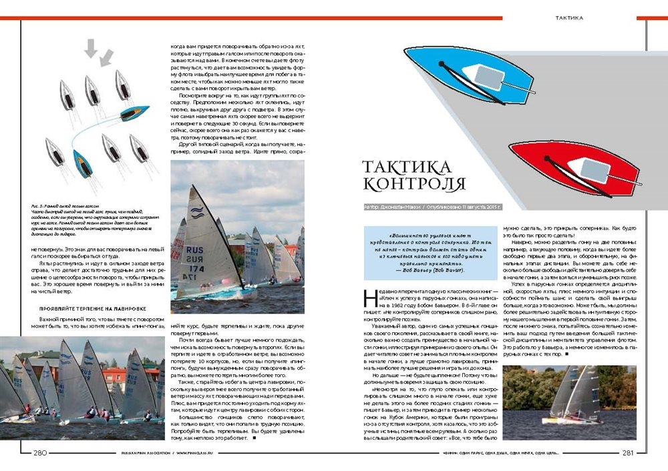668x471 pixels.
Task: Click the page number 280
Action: click(39, 453)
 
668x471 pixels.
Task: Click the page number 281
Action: click(627, 453)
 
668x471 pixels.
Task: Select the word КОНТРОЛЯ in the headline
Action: click(414, 183)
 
